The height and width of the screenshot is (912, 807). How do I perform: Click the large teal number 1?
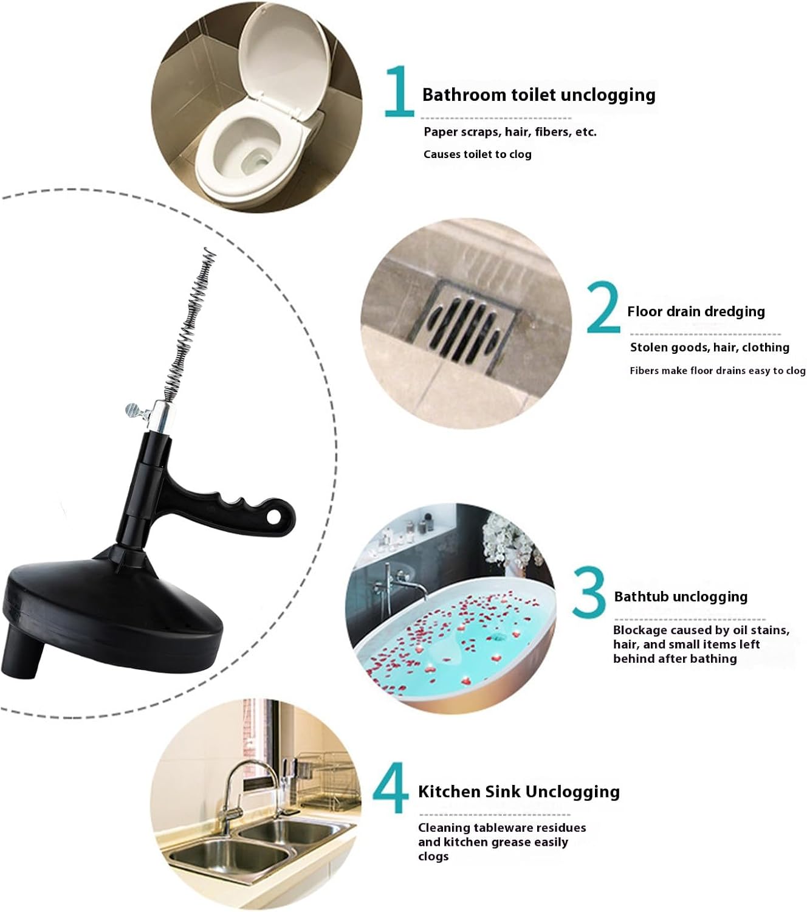coord(399,91)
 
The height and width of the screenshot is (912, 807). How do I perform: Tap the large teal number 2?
coord(603,307)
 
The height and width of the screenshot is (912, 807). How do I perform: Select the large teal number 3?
coord(588,592)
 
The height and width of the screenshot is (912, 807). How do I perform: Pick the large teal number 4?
coord(391,787)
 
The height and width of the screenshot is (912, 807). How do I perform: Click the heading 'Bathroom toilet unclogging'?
coord(538,95)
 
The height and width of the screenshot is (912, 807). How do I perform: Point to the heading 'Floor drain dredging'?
coord(696,311)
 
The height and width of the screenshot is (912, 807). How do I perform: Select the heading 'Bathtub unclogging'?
coord(681,597)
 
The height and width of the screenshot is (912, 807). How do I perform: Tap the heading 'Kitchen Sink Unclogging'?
coord(519,792)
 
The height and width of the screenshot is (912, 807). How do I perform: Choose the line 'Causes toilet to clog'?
coord(477,154)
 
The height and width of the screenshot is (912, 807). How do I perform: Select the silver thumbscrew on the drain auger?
coord(135,410)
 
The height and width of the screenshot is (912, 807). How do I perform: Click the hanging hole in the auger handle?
coord(273,517)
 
